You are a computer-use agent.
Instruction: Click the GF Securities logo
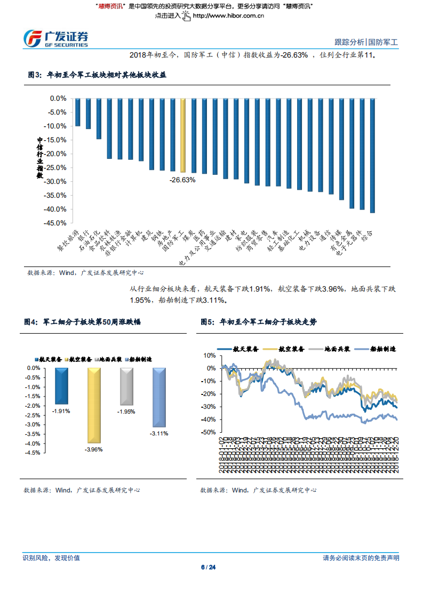tap(55, 38)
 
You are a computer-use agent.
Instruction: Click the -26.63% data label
tap(182, 180)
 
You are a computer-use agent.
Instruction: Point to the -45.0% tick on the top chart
tap(56, 223)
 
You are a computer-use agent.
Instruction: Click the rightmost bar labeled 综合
tap(372, 155)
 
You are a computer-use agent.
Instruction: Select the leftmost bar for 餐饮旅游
tap(77, 112)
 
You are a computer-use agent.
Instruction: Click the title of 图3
tap(97, 75)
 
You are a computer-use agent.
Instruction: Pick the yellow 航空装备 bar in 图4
tap(94, 405)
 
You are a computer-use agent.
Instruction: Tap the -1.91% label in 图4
tap(61, 411)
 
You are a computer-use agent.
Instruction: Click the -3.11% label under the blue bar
tap(159, 434)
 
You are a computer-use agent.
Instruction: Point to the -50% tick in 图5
tap(209, 432)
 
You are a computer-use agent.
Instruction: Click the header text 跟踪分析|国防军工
tap(366, 42)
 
